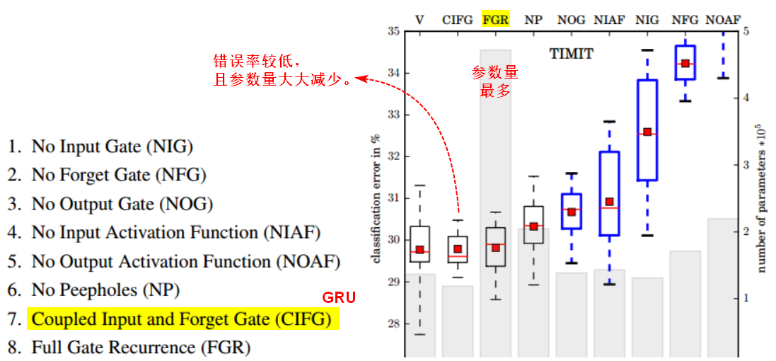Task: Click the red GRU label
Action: coord(339,297)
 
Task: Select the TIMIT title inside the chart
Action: coord(572,53)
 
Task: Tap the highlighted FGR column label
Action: coord(495,19)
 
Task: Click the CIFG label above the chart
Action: coord(458,19)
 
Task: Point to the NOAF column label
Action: coord(723,19)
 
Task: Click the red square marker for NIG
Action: coord(647,132)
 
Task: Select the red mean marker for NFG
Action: coord(685,64)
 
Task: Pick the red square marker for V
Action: coord(419,250)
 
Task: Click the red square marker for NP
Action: coord(533,226)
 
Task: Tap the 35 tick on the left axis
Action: coord(393,32)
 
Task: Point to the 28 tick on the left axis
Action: coord(393,323)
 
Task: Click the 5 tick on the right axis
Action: coord(746,32)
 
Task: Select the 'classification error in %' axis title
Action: coord(376,197)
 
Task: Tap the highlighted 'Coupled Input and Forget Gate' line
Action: coord(182,319)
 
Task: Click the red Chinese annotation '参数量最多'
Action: coord(495,81)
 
